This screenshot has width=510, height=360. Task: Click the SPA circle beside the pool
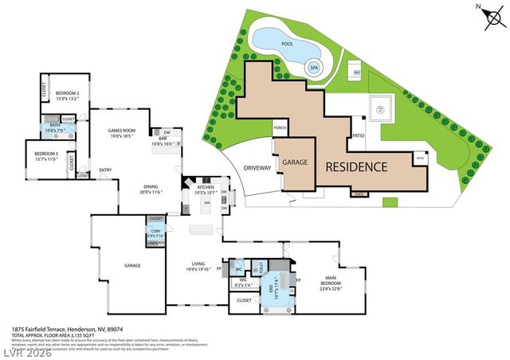pos(314,69)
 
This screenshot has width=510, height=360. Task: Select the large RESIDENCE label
pos(355,167)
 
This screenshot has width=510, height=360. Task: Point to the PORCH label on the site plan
pos(280,127)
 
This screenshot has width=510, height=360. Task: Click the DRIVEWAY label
pos(257,169)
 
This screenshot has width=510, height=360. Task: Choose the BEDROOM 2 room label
pos(67,96)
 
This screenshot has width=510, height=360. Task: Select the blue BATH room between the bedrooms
pos(54,127)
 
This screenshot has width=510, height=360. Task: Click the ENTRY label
pos(105,170)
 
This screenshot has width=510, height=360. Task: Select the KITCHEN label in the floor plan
pos(206,190)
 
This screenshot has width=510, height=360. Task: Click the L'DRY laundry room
pos(156,234)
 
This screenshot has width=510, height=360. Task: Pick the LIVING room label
pos(198,266)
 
